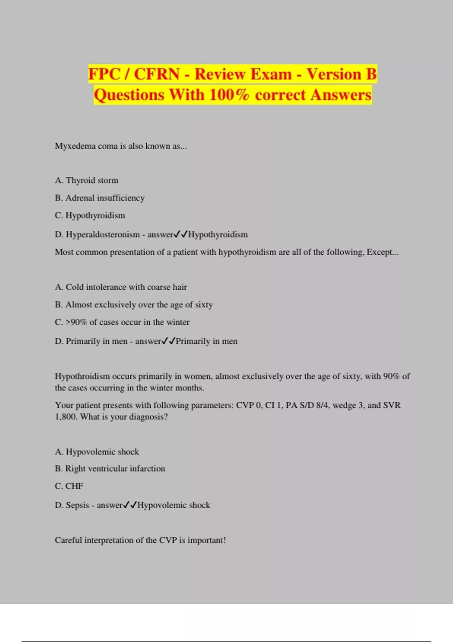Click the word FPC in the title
coord(104,74)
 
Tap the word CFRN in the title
coord(157,74)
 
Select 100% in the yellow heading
coord(229,95)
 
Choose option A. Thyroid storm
coord(86,181)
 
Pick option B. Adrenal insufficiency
coord(100,198)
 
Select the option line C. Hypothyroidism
coord(90,216)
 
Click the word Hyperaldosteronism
coord(103,235)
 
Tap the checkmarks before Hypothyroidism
coord(180,235)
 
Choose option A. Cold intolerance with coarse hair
coord(121,287)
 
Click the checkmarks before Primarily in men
coord(168,341)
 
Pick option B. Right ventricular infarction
coord(110,469)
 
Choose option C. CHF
coord(69,486)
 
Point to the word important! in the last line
coord(206,540)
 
